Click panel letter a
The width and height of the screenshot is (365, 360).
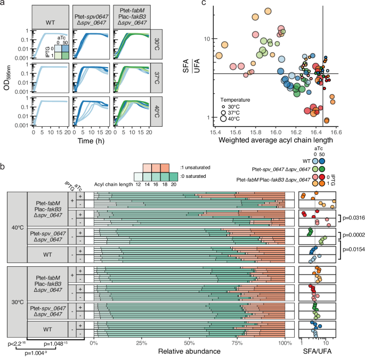coord(4,5)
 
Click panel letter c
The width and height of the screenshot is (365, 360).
coord(204,5)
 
